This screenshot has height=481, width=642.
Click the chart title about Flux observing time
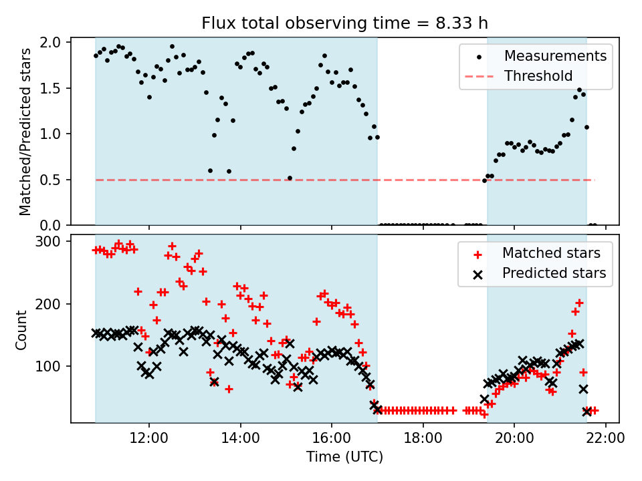tap(344, 23)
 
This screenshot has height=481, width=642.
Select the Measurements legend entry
tap(555, 55)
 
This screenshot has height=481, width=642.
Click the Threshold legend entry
tap(538, 76)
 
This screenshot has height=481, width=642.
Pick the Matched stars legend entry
tap(551, 253)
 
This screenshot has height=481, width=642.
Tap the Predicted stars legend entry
tap(554, 273)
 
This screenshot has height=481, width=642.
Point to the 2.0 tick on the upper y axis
tap(53, 43)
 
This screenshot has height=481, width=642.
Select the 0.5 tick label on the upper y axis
tap(53, 180)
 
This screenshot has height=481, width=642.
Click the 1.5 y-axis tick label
tap(53, 88)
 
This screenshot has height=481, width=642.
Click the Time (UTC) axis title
tap(344, 458)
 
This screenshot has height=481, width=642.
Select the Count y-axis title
tap(22, 329)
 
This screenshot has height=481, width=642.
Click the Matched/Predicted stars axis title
tap(25, 132)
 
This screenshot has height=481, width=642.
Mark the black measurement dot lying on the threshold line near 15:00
tap(290, 178)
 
